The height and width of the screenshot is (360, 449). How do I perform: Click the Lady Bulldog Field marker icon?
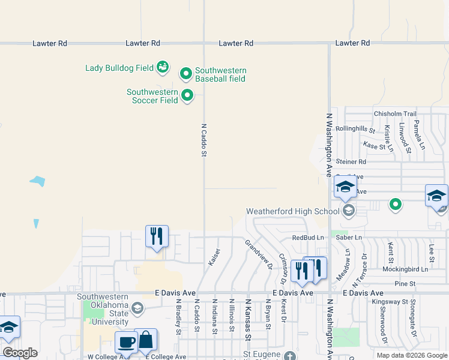pos(163,67)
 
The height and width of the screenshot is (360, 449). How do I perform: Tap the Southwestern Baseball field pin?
pos(186,74)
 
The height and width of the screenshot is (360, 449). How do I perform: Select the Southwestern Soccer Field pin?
pos(187,95)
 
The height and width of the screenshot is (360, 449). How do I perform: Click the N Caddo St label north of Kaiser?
pos(203,141)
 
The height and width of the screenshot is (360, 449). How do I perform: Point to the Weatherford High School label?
pos(293,211)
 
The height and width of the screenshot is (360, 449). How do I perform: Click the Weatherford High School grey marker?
pos(349,210)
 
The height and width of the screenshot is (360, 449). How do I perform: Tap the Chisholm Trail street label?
pos(394,114)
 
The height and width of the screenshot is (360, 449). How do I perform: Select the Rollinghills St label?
pos(355,129)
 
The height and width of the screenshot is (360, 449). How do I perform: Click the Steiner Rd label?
pos(351,161)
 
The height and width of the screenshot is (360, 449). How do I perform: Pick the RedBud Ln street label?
pos(308,238)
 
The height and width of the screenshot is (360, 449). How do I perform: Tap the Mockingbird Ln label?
pos(405,269)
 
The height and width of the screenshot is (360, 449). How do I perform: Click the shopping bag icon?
pos(146,340)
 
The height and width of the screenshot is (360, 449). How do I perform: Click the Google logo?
pos(20,353)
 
